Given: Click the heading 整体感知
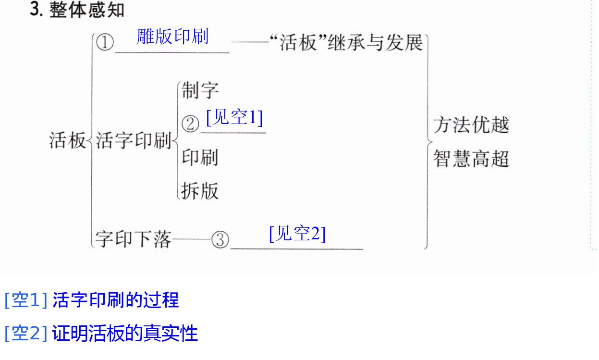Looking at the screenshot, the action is (x=87, y=10).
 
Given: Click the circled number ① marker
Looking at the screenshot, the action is (x=105, y=42).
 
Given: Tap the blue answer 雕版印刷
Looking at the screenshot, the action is (x=172, y=37).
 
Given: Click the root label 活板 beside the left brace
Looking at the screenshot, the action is (x=67, y=140).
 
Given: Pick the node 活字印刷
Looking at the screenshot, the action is (x=134, y=140).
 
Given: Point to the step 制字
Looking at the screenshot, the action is (x=200, y=90).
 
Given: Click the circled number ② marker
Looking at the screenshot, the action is (x=190, y=124).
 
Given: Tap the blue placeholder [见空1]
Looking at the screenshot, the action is (x=234, y=117).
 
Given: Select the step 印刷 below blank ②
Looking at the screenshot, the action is (x=200, y=157).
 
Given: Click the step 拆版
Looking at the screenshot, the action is (x=200, y=191).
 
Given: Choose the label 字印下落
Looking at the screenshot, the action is (x=133, y=239).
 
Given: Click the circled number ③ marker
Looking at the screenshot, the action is (x=220, y=239).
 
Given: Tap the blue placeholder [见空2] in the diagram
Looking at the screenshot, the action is (x=297, y=234).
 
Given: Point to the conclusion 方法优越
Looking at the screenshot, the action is (x=471, y=125).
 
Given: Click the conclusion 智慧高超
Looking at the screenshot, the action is (x=471, y=159).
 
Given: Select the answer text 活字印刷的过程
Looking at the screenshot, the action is (x=115, y=300).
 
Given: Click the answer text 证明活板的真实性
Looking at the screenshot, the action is (x=125, y=333).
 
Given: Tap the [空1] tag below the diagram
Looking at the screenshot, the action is (x=26, y=300).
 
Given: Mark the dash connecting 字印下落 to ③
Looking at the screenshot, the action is (x=192, y=239).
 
